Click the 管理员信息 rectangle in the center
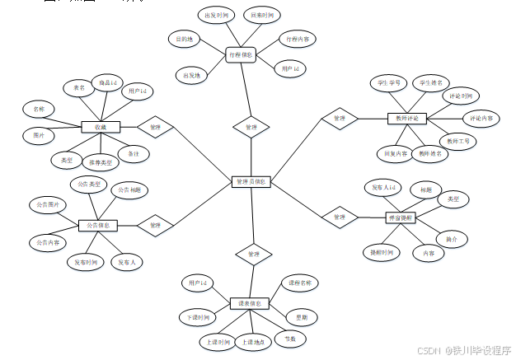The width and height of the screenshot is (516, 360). [251, 181]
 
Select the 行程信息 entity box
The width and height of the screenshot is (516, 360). [241, 54]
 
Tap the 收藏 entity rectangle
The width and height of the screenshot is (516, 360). [101, 127]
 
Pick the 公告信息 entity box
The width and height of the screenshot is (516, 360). [98, 225]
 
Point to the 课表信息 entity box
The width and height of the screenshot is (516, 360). [250, 304]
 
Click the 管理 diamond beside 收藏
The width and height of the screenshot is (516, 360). [155, 127]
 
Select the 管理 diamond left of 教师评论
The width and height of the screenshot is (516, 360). [338, 119]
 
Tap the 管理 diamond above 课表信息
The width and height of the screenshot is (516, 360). [253, 255]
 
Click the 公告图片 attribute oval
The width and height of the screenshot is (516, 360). [48, 203]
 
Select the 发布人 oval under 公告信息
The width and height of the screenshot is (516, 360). [127, 263]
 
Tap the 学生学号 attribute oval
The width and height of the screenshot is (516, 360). [388, 83]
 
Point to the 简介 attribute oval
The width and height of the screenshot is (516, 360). [452, 239]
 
